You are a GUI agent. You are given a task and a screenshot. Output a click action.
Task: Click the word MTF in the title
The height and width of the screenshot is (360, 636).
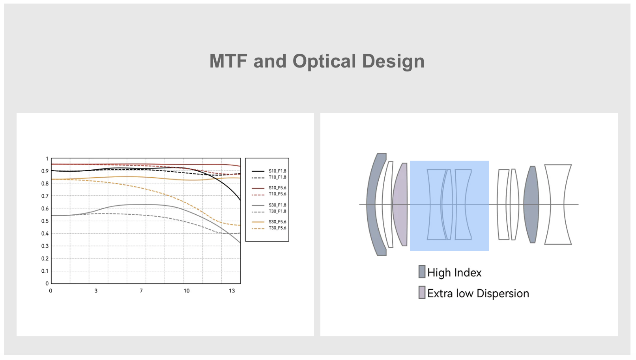pyautogui.click(x=228, y=61)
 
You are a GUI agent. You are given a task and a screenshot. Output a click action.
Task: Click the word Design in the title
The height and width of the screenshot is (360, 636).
pyautogui.click(x=393, y=62)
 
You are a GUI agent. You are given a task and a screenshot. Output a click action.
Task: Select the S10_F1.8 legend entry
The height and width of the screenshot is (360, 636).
pyautogui.click(x=269, y=171)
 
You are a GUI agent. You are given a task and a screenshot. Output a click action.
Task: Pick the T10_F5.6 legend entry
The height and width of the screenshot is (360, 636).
pyautogui.click(x=269, y=194)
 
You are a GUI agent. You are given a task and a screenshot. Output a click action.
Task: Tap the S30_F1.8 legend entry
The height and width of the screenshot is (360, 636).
pyautogui.click(x=269, y=205)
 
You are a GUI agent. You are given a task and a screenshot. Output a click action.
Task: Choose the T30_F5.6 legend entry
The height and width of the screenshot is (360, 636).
pyautogui.click(x=269, y=228)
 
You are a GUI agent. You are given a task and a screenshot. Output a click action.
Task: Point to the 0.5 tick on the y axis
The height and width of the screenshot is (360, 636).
pyautogui.click(x=45, y=221)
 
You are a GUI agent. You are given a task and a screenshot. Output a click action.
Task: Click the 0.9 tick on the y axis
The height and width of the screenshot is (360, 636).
pyautogui.click(x=45, y=171)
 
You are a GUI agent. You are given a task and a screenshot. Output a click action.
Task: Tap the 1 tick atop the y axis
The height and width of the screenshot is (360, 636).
pyautogui.click(x=47, y=159)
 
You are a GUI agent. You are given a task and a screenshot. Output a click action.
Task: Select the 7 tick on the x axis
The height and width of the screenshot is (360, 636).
pyautogui.click(x=141, y=291)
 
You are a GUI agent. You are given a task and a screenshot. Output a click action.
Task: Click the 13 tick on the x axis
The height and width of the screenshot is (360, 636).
pyautogui.click(x=232, y=291)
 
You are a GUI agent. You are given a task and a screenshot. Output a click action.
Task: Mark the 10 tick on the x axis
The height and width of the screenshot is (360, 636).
pyautogui.click(x=187, y=291)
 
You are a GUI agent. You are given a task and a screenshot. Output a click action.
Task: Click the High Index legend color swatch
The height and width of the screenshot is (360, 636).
pyautogui.click(x=422, y=272)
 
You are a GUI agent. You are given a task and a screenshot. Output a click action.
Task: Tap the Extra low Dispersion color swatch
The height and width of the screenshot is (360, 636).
pyautogui.click(x=422, y=292)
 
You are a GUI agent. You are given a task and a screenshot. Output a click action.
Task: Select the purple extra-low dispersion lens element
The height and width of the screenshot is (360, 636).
pyautogui.click(x=400, y=204)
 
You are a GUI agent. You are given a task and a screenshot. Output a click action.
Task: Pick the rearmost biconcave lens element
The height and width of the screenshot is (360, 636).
pyautogui.click(x=557, y=204)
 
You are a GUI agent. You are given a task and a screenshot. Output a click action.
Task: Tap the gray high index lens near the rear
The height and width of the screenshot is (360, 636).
pyautogui.click(x=531, y=204)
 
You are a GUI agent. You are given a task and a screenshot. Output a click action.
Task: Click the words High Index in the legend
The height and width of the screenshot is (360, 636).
pyautogui.click(x=455, y=273)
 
